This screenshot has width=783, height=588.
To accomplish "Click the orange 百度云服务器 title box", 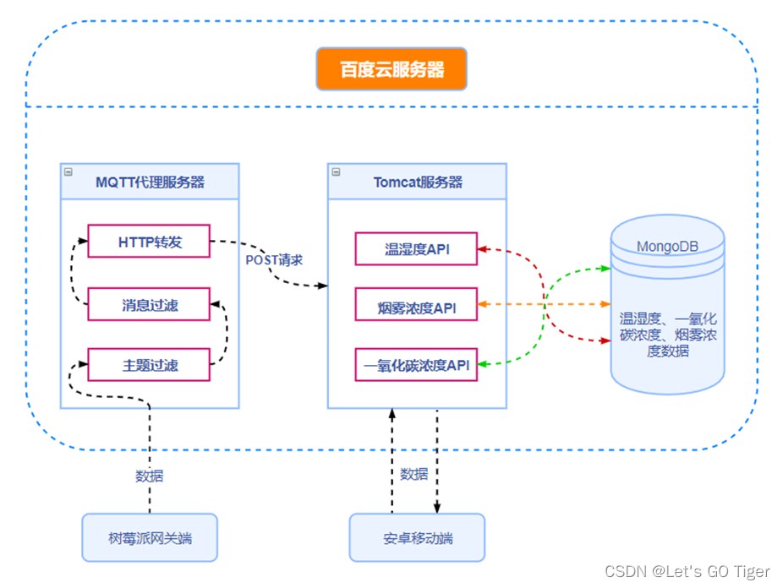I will click(391, 69).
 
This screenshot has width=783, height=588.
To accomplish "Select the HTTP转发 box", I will click(149, 242).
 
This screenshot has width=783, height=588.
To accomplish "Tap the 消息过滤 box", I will click(149, 305).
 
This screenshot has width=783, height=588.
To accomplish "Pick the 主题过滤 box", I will click(149, 367).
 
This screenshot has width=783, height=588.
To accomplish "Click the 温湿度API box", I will click(416, 249).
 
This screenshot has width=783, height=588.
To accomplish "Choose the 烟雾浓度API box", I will click(416, 308).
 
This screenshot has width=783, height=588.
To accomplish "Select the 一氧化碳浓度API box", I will click(416, 366).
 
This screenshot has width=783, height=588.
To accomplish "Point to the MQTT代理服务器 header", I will click(150, 182).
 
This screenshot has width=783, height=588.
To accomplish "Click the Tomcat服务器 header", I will click(418, 182).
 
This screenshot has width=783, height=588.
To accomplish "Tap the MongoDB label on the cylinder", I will click(667, 247).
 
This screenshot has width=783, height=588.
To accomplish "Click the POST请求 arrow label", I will click(274, 259).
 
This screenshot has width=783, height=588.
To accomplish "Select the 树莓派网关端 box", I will click(150, 537).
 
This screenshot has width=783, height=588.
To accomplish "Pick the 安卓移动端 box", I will click(417, 537).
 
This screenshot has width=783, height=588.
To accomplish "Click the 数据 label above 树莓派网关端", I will click(150, 476).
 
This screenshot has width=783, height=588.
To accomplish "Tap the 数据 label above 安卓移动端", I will click(413, 475).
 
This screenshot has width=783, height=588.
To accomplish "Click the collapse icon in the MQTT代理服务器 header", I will click(68, 171).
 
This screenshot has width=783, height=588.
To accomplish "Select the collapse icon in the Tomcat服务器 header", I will click(336, 171).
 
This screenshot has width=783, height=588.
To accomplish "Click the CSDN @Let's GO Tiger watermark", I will click(687, 572).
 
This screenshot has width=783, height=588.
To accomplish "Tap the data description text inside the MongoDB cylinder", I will click(667, 334).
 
